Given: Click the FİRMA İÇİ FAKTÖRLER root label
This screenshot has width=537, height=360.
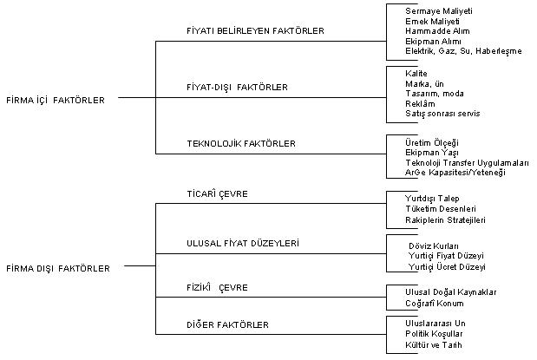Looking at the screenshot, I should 55,100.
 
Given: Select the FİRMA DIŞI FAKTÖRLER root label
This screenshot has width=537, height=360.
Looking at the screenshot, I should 57,268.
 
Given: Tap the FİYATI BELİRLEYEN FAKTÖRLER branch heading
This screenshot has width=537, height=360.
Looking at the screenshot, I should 255,30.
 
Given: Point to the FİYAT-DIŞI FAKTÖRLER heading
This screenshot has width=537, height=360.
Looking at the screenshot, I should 237,87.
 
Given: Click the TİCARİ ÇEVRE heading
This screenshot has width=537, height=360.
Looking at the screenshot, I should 217,193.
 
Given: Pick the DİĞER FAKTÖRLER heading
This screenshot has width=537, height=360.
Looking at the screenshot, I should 227,324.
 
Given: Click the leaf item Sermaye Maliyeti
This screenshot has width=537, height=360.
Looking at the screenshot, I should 435,10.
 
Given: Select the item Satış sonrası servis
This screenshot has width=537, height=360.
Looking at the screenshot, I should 442,114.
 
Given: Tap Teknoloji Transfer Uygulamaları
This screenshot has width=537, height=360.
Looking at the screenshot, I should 467,162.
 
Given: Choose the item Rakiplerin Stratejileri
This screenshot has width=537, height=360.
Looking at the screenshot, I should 445,220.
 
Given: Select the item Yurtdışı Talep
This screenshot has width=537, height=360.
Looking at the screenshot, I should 433,199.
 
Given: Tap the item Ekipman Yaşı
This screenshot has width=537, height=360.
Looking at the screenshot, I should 433,152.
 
